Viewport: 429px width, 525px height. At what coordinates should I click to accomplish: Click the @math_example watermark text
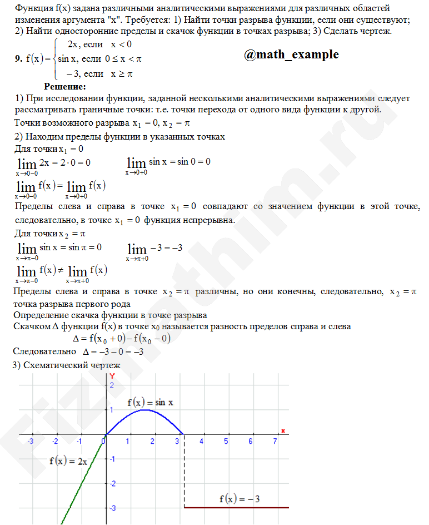coord(291,55)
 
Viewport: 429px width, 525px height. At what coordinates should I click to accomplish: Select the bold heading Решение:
coord(65,87)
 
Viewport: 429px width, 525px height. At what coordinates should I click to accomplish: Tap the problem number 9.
coord(18,58)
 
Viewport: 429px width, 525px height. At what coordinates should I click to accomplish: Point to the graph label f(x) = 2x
coord(68,460)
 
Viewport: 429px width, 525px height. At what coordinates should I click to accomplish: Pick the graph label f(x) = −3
coord(240,499)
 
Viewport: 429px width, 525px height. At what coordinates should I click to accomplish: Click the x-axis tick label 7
coord(275,441)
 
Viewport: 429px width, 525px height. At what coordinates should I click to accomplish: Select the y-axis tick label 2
coord(111,385)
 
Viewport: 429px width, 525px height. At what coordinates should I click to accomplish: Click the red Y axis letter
coord(112,377)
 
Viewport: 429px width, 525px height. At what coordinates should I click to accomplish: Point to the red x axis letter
coord(283,430)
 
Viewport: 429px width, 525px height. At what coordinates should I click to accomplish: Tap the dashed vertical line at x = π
coord(184,473)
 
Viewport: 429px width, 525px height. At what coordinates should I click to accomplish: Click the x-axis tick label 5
coord(226,441)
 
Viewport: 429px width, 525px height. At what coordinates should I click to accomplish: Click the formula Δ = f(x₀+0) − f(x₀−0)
coord(122,338)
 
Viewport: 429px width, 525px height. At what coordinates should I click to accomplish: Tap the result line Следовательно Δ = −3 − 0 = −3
coord(78,351)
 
